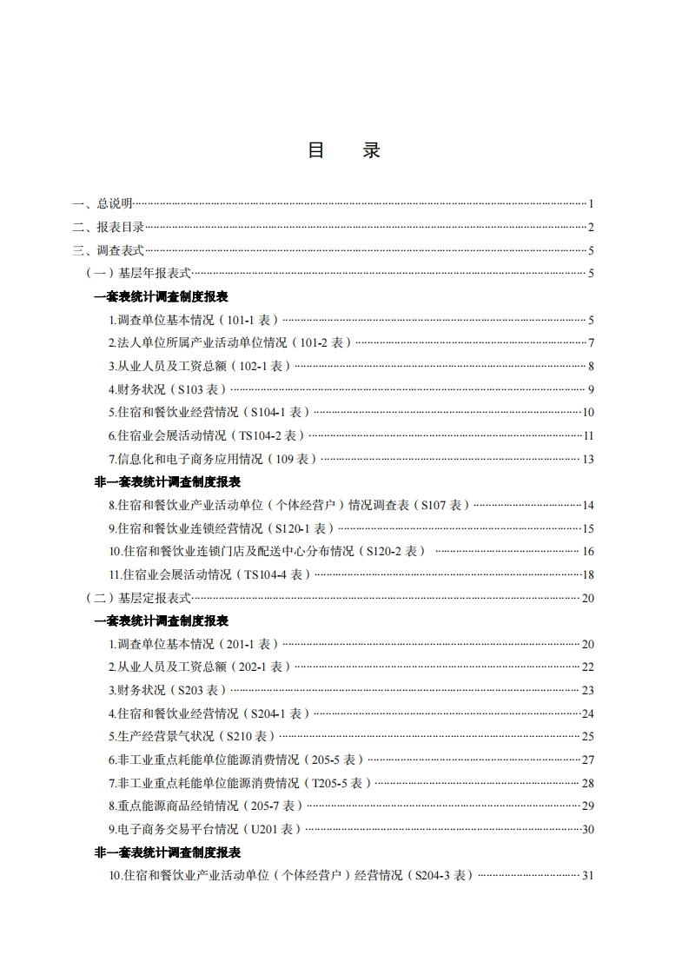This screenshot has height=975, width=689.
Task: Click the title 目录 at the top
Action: [344, 150]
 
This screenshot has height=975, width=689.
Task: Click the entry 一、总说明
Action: [103, 203]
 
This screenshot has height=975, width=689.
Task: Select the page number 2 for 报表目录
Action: [590, 227]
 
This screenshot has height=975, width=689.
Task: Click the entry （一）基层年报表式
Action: [138, 274]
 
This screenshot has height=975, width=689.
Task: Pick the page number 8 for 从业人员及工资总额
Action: [590, 366]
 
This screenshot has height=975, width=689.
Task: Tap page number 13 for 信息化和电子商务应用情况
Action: [587, 459]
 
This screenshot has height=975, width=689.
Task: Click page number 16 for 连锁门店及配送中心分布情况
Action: [587, 551]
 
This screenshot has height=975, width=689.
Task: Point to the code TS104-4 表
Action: [276, 574]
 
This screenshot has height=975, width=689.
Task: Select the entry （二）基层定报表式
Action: [138, 598]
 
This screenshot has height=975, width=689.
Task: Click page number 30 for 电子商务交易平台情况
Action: [587, 829]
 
